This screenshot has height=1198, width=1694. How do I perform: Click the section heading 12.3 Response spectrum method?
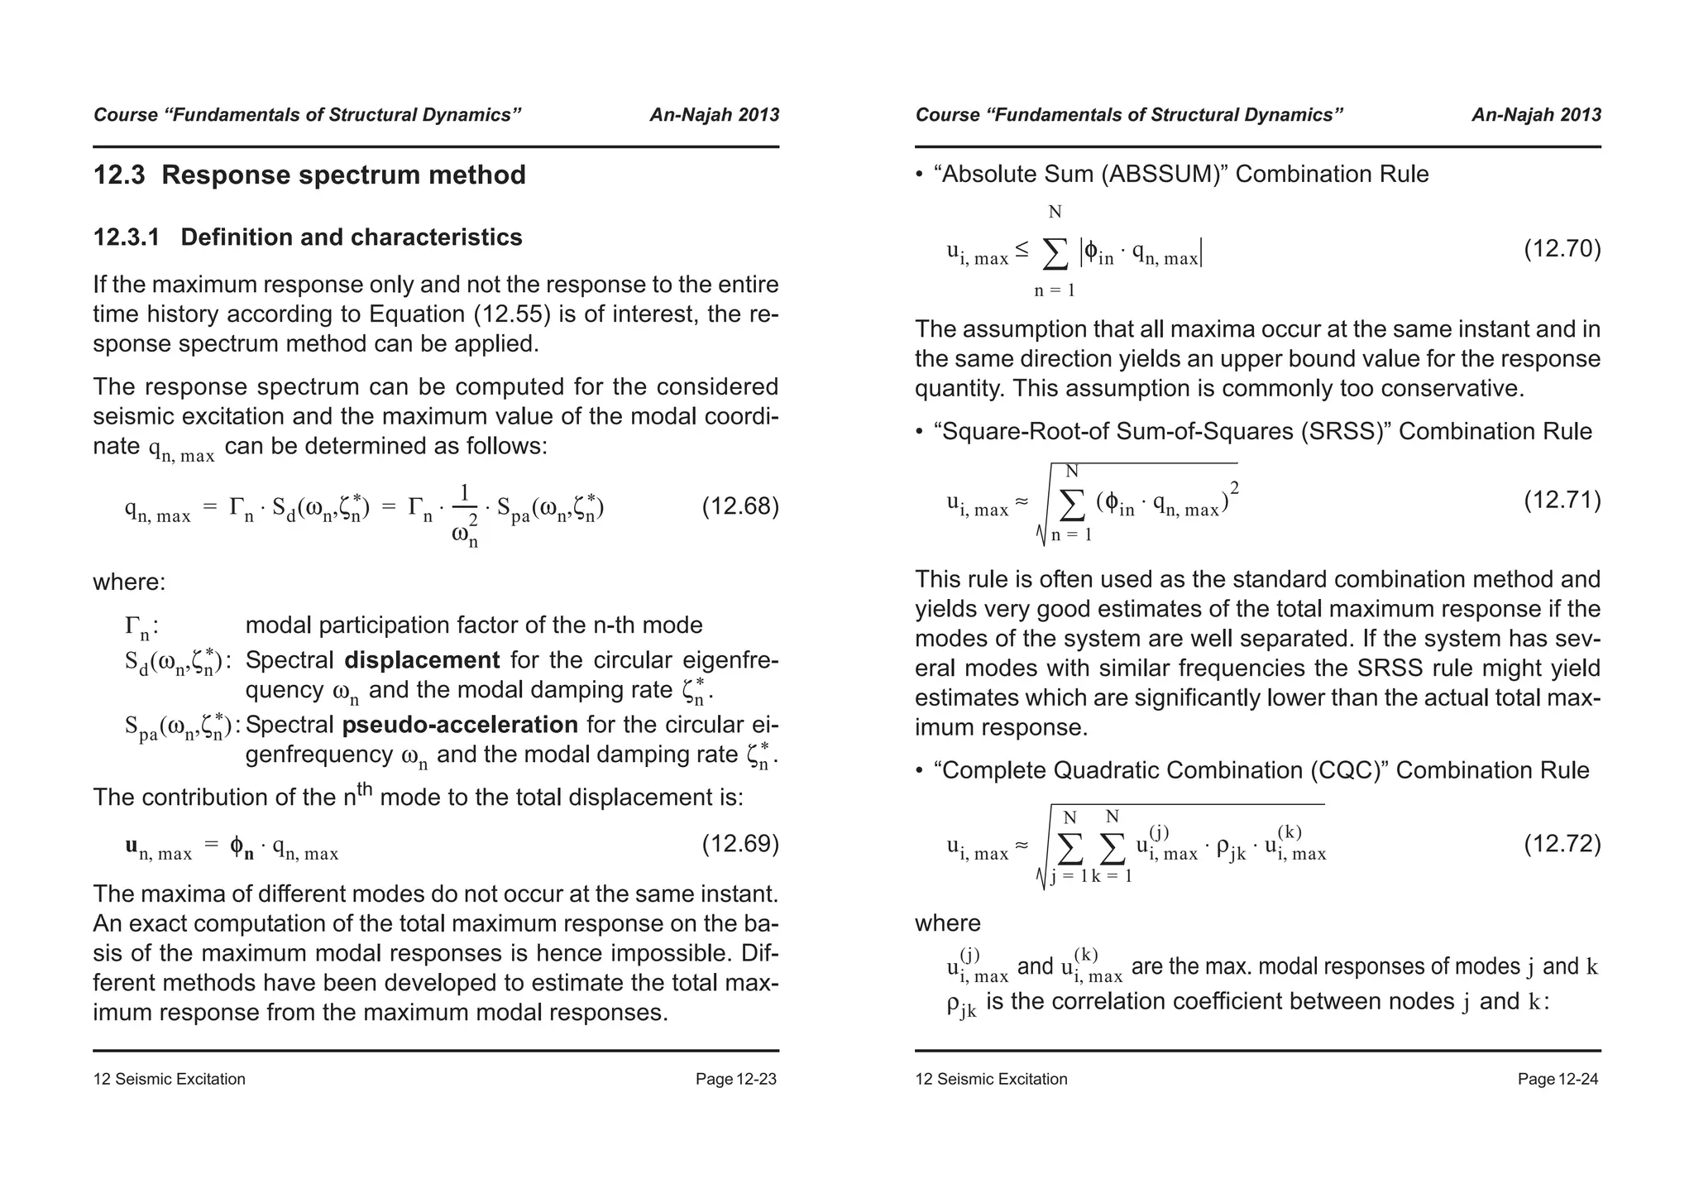[x=309, y=175]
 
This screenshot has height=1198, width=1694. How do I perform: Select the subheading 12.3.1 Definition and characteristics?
[x=308, y=237]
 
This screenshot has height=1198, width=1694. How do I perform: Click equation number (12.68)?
[x=739, y=506]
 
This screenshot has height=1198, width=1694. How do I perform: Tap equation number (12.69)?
[x=739, y=844]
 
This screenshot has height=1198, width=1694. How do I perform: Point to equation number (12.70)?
[x=1562, y=249]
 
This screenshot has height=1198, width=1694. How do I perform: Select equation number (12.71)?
[x=1562, y=501]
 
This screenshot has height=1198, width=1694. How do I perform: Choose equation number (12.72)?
[x=1562, y=844]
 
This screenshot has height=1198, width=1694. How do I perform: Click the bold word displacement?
[x=422, y=660]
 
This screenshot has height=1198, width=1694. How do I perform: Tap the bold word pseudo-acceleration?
[x=460, y=725]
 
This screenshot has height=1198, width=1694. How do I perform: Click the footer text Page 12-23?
[x=735, y=1079]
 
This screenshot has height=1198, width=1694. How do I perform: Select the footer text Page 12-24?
[x=1558, y=1079]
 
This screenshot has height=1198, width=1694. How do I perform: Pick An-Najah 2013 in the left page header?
[x=714, y=115]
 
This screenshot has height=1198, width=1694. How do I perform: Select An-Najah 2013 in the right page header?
[x=1536, y=115]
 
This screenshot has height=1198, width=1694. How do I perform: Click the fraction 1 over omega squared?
[x=466, y=515]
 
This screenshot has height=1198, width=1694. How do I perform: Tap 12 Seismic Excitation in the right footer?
[x=991, y=1079]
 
